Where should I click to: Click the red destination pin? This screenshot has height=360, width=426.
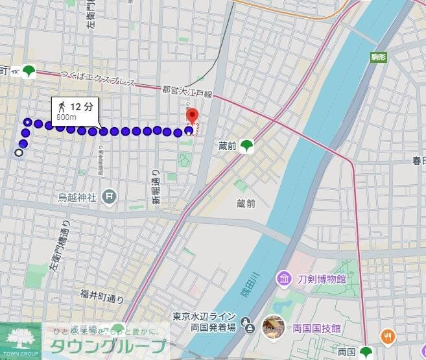click(192, 117)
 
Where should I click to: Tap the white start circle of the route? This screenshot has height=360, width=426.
click(18, 153)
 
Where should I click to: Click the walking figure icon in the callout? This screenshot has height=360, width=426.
click(62, 106)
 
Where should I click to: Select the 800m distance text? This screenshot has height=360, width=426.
click(66, 117)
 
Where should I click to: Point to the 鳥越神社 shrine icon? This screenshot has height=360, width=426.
click(110, 195)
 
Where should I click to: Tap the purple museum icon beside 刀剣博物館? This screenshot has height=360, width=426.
click(283, 279)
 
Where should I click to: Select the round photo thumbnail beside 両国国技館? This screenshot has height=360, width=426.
click(274, 327)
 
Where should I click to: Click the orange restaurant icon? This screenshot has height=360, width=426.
click(388, 336)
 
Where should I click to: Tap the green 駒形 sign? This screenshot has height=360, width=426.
click(379, 56)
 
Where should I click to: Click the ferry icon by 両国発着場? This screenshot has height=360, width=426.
click(247, 322)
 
